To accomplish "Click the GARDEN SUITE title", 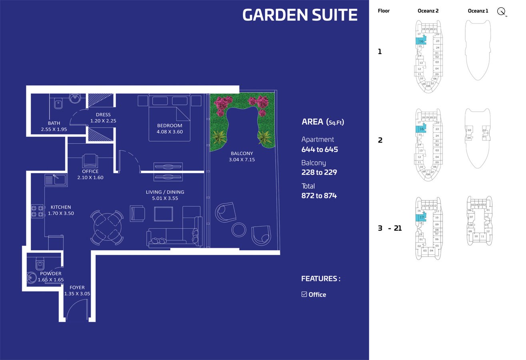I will pos(300,15).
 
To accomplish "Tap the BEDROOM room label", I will pos(169,126).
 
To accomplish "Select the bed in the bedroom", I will pos(169,118).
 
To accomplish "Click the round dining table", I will pos(107,228).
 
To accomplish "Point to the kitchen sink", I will pos(56,180).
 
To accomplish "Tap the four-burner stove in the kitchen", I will pos(37,211).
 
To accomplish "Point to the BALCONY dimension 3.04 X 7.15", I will pos(241,160).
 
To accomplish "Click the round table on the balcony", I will pos(239,230).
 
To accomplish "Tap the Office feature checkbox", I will pos(304,294).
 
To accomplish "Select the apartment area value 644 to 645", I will pos(320,150).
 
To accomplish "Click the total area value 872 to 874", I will pos(319,196).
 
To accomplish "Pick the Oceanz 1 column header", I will pos(478,11).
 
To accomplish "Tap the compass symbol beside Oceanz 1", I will pos(502,12).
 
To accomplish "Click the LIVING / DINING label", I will pos(165,192).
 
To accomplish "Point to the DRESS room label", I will pos(103,115).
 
